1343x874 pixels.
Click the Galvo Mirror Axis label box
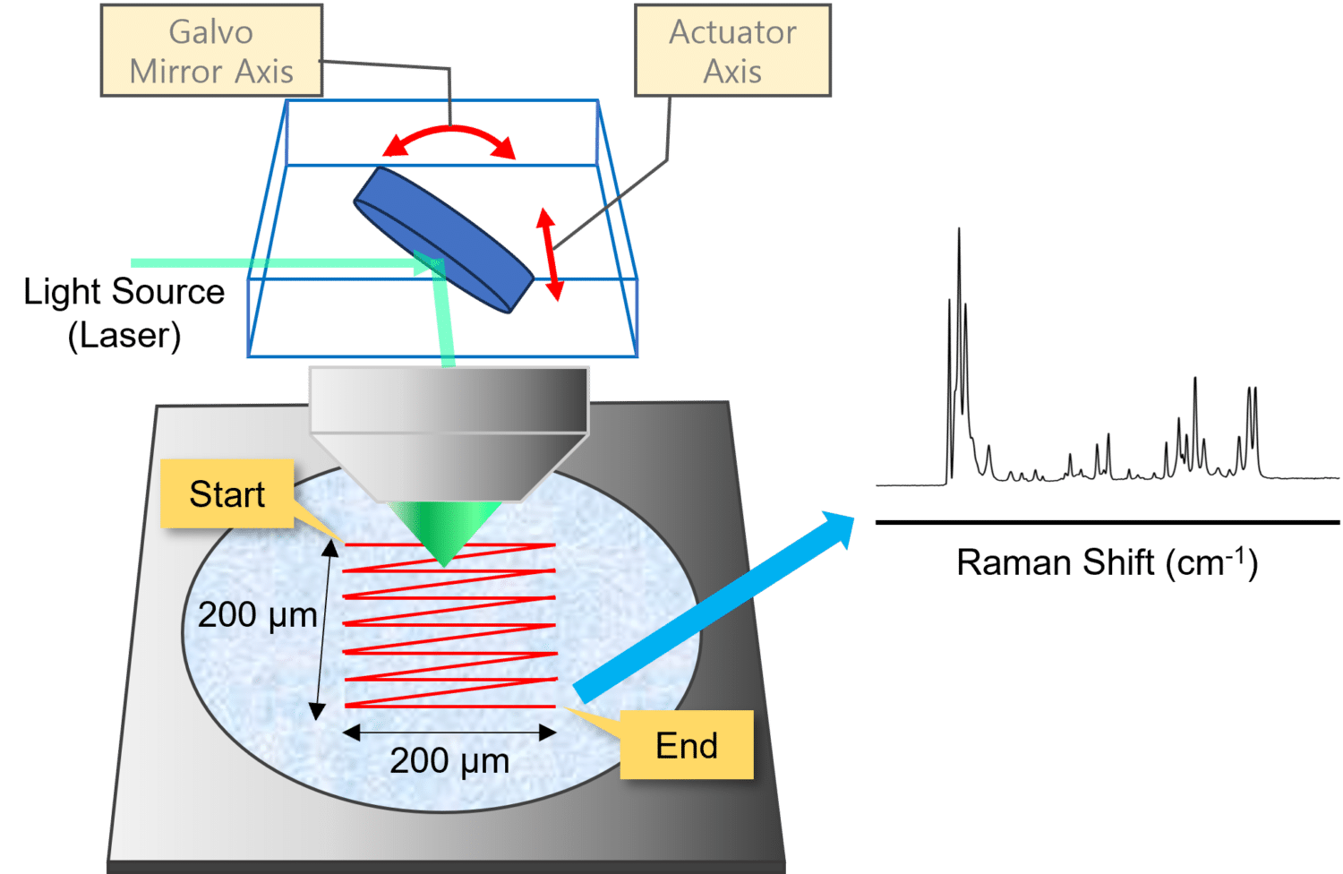click(211, 51)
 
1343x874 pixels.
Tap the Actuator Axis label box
click(733, 51)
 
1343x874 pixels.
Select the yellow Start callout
click(227, 493)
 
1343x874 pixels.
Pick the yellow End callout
click(687, 745)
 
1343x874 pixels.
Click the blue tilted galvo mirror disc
click(443, 239)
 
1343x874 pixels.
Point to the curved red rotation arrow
click(449, 134)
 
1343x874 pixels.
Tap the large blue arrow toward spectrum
click(712, 606)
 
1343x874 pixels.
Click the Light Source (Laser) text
click(124, 313)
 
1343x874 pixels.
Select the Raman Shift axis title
click(1107, 562)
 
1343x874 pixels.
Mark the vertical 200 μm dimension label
click(258, 615)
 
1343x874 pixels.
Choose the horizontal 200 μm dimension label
click(449, 761)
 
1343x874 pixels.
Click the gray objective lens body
click(448, 421)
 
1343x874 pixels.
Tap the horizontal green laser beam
click(269, 262)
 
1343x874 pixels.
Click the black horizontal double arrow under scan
click(449, 733)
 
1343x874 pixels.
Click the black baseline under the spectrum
click(1107, 522)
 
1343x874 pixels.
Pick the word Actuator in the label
click(733, 32)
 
